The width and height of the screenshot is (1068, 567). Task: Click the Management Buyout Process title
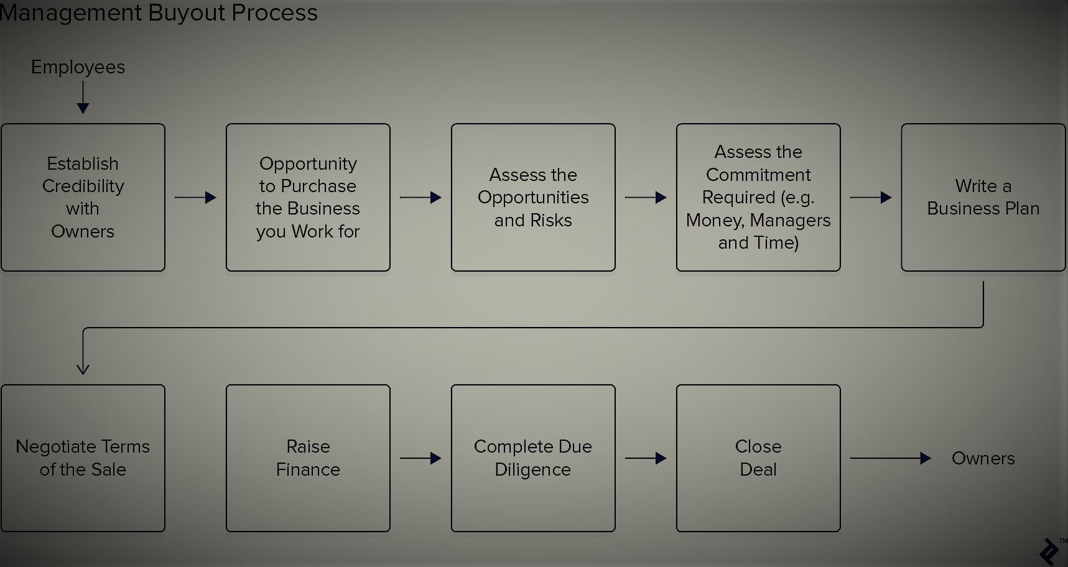pos(159,12)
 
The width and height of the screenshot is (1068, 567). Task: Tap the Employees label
pos(78,67)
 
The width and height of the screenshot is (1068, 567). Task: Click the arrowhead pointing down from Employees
pos(83,108)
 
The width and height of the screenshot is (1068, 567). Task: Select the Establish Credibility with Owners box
pos(83,197)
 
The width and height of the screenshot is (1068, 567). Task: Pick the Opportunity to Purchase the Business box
pos(308,197)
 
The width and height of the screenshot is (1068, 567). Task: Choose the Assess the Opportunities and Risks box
pos(533,197)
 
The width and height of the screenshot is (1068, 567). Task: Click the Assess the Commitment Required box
pos(758,197)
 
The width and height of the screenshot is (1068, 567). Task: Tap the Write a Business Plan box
pos(983,197)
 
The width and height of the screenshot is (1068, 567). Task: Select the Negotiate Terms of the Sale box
pos(83,458)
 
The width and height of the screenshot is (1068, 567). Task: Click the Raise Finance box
pos(308,458)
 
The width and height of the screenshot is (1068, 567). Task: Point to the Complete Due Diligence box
pos(533,458)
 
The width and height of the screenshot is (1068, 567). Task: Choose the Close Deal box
pos(758,458)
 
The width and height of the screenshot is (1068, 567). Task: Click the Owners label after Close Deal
pos(983,459)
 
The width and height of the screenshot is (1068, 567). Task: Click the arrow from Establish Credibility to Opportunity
pos(195,198)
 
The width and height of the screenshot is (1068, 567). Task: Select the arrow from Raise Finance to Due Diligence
pos(420,459)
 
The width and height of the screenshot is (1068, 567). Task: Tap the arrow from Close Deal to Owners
pos(890,459)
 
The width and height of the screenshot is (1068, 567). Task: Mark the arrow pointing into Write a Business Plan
pos(871,198)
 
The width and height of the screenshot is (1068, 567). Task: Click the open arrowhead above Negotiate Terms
pos(83,369)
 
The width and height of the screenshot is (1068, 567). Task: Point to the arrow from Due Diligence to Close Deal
pos(646,459)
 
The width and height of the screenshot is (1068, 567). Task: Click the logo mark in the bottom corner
pos(1049,551)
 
